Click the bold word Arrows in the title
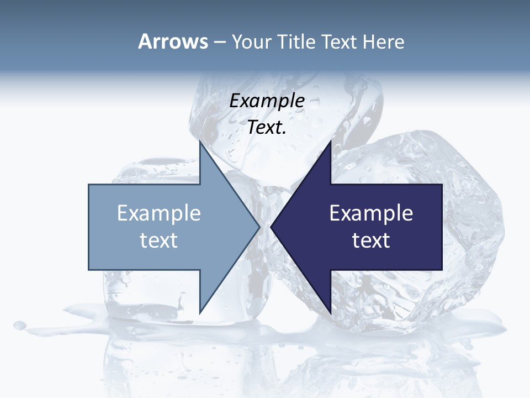point(173,41)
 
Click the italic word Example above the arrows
point(267,101)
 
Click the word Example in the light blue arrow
point(158,213)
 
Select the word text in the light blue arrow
point(158,240)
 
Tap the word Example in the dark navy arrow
point(371,213)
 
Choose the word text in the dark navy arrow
point(371,240)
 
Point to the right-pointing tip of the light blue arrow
point(258,226)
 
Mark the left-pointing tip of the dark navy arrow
point(272,226)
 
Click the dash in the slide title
point(219,43)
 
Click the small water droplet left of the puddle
point(20,324)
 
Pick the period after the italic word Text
point(284,133)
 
